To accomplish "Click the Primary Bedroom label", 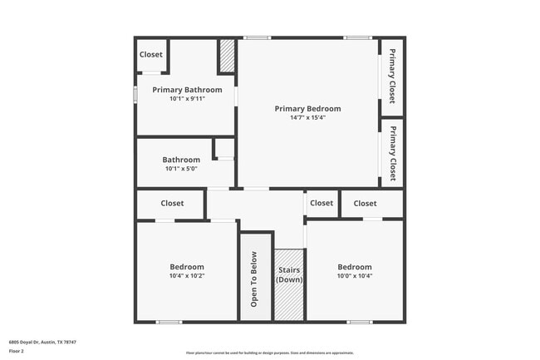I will point(307,108).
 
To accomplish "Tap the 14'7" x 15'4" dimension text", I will point(307,117).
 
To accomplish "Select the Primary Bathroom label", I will point(187,90).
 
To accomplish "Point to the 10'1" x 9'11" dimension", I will point(187,98).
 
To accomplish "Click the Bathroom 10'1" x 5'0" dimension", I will point(181,169).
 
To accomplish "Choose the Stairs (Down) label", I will point(289,275).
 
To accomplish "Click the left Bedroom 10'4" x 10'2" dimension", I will point(187,276).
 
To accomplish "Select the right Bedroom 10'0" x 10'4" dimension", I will point(354,276).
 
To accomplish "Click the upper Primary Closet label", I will point(392,76).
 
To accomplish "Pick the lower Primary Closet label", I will point(392,152).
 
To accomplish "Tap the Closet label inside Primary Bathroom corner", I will point(151,55).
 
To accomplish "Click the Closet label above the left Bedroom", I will point(172,203).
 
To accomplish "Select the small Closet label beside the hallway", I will point(322,203).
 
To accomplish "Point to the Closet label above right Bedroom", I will point(365,203).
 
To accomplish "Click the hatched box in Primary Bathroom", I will point(227,57).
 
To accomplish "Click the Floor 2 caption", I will point(17,350).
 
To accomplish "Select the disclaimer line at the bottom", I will point(269,353).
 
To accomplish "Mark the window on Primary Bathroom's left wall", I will point(135,91).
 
